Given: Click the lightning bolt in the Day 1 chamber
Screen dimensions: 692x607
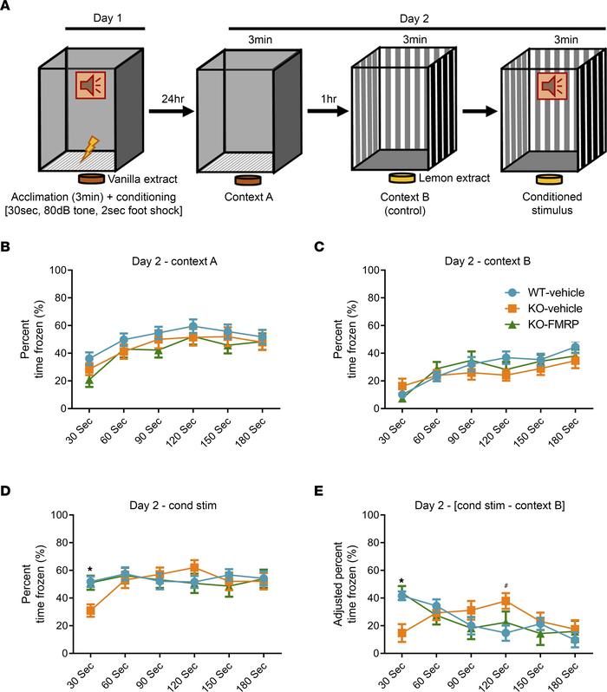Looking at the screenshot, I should coord(88,149).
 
